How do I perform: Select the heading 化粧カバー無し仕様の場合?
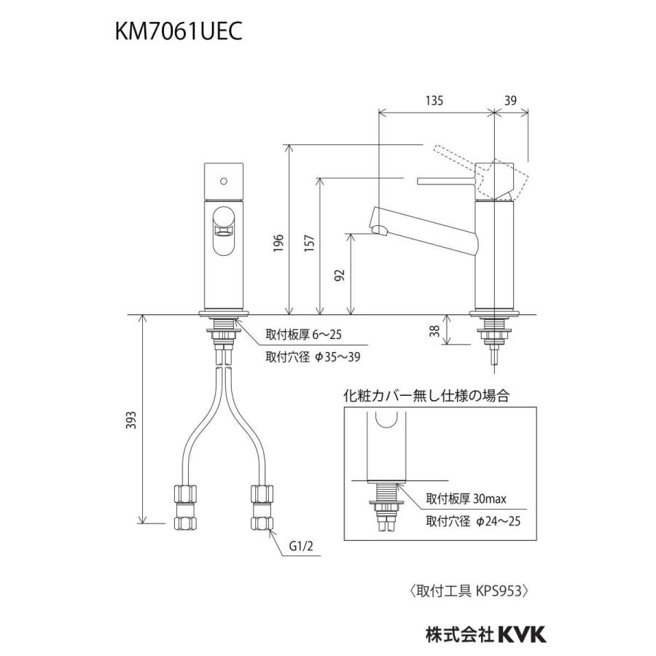[426, 397]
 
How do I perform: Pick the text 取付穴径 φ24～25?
[473, 521]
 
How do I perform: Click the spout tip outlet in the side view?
[379, 232]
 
